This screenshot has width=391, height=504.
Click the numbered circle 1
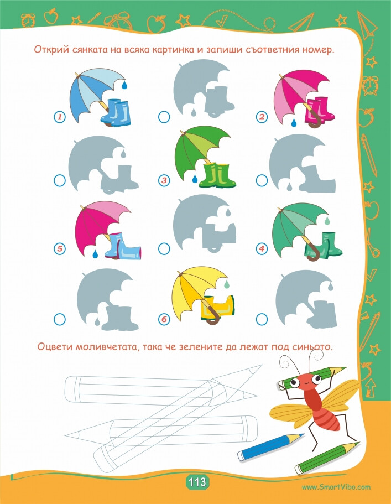pos(60,117)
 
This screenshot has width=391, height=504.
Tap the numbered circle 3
pos(164,180)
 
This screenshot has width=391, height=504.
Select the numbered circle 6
pos(164,319)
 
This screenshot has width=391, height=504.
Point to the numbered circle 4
pos(262,248)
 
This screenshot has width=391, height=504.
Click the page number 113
pos(197,482)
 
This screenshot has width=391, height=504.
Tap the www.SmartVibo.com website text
pos(336,487)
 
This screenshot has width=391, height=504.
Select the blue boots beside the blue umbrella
pos(116,112)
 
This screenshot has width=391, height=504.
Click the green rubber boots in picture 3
pos(217,175)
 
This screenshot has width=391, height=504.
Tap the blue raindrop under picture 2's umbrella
pos(294,122)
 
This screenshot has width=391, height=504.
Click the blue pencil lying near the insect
pos(270,447)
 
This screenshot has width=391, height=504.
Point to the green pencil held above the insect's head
pos(312,375)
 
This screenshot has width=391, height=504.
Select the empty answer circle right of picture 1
pos(164,117)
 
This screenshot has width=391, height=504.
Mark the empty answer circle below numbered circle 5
pos(59,319)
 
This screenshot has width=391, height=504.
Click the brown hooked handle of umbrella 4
pos(312,253)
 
